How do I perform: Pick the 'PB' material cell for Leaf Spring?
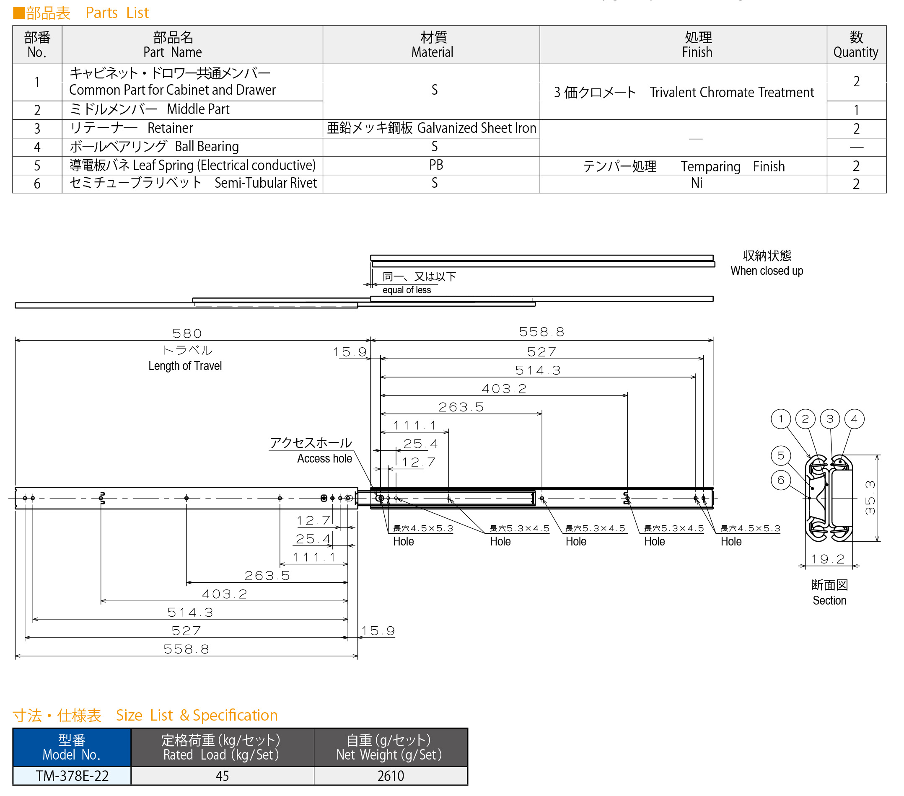click(x=435, y=165)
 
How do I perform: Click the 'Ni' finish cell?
click(x=697, y=183)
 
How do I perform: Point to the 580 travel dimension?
click(x=187, y=333)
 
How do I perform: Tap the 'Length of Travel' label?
click(x=185, y=366)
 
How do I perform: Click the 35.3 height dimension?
click(x=870, y=498)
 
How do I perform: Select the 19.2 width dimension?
click(x=827, y=559)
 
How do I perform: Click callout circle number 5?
click(x=781, y=455)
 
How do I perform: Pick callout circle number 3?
click(x=830, y=419)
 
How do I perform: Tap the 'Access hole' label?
click(x=325, y=458)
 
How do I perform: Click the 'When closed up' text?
click(x=767, y=271)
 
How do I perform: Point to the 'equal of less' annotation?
click(x=407, y=289)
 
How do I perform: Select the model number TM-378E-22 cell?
click(x=72, y=775)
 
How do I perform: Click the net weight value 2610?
click(x=391, y=775)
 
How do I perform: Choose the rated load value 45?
click(x=222, y=775)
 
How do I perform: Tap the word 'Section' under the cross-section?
click(x=829, y=600)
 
